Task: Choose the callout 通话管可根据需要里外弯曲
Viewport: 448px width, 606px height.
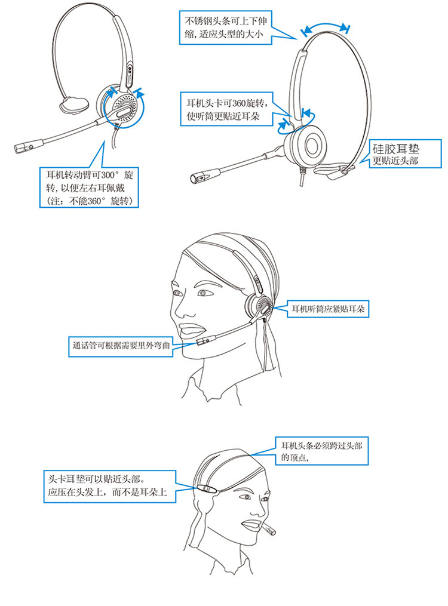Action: (120, 345)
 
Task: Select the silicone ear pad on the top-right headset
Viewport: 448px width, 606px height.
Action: (332, 171)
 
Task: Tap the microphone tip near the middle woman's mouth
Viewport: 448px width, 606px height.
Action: (203, 341)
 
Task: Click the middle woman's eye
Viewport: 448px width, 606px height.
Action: (202, 294)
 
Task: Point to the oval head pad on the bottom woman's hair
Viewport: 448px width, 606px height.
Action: (205, 489)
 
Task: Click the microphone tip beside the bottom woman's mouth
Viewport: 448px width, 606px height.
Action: (269, 530)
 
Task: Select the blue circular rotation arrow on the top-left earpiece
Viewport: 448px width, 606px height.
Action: (124, 112)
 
